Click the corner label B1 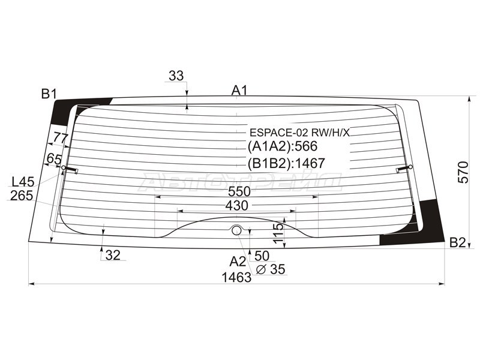click(49, 94)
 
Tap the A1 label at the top click(239, 91)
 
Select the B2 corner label click(457, 242)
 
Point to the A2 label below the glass click(238, 262)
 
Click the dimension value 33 click(176, 76)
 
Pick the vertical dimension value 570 click(463, 172)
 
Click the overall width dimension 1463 click(236, 277)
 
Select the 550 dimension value click(239, 191)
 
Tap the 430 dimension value click(236, 206)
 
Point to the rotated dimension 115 click(278, 233)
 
